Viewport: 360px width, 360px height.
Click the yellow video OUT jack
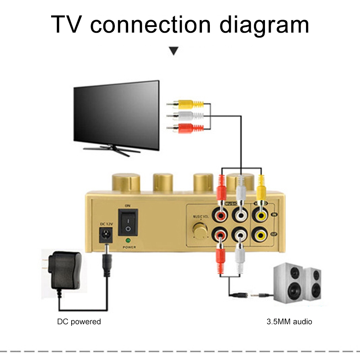[260, 235]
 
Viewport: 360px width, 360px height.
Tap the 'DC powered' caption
[79, 321]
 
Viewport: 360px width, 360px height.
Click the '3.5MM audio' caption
[289, 321]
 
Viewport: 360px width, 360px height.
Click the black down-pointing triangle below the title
[174, 51]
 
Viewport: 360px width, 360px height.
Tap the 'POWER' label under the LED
[129, 247]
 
